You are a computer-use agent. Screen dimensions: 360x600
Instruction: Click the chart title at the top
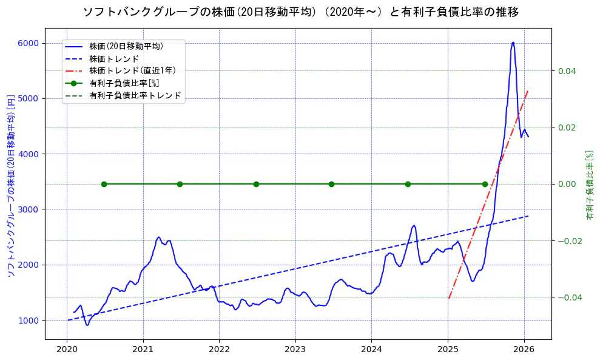click(300, 12)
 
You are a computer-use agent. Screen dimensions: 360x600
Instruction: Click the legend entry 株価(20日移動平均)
click(126, 46)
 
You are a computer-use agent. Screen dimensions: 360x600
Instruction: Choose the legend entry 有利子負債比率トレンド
click(135, 95)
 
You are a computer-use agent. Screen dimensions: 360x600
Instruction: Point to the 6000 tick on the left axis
click(29, 43)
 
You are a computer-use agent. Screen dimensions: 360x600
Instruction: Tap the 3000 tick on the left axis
click(29, 209)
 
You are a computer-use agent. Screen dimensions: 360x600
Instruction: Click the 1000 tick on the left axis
click(29, 321)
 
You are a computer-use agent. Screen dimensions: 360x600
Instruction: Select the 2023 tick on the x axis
click(295, 350)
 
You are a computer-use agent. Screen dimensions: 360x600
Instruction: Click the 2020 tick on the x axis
click(67, 350)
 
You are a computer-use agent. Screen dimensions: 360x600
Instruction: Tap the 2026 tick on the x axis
click(524, 350)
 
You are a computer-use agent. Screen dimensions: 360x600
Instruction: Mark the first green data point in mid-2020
click(104, 184)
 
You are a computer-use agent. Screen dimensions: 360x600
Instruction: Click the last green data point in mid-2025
click(485, 184)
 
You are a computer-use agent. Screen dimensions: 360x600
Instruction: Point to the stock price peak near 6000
click(513, 42)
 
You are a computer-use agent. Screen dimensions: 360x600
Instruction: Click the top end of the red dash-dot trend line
click(528, 90)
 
